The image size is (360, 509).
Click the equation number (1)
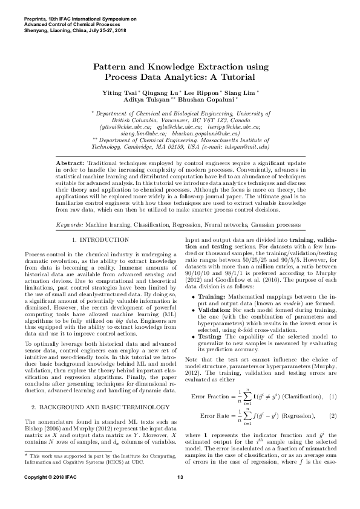[332, 378]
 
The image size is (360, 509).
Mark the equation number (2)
[332, 400]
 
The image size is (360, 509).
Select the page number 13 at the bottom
[180, 494]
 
